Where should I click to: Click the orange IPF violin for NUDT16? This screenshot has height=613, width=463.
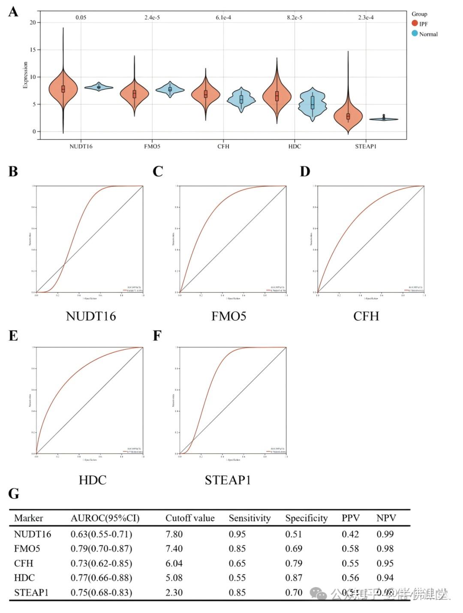point(63,89)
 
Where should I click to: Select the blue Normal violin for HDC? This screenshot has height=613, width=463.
point(313,103)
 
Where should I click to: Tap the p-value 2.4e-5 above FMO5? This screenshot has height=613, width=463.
point(152,18)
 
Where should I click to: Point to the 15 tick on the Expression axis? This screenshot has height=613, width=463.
point(33,50)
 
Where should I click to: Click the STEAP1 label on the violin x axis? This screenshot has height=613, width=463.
point(366,146)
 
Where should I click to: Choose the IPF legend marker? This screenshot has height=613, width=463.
point(415,24)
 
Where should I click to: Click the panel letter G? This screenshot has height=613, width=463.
point(14,493)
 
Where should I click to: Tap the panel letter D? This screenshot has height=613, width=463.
point(305,171)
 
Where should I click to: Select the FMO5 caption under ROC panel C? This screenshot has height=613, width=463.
point(228,316)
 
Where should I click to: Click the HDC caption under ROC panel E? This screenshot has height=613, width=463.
point(93,480)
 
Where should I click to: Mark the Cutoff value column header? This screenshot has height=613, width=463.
point(190,518)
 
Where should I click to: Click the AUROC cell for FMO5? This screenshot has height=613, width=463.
point(101,549)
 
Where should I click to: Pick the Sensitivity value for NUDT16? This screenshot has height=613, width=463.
point(237,534)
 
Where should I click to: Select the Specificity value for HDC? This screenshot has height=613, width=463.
point(294,578)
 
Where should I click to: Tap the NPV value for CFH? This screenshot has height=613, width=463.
point(385,563)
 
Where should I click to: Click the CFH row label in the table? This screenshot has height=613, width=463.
point(24,563)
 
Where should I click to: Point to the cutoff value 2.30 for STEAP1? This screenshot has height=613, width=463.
point(174,592)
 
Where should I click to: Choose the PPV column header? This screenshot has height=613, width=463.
point(350,518)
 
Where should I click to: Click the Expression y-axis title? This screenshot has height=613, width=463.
point(25,75)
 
